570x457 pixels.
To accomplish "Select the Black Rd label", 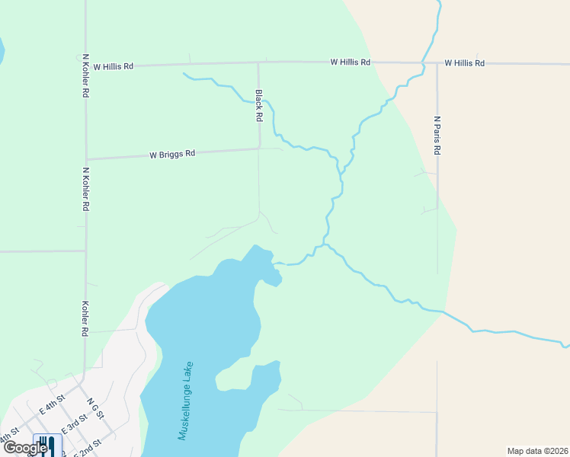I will point(259,107).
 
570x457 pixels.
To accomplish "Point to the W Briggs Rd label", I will point(172,154).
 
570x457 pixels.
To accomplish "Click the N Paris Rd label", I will point(437,136).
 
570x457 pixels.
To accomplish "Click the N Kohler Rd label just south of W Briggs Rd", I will point(86,189).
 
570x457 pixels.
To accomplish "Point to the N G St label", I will point(94,409).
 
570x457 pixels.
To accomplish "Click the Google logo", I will point(25,448).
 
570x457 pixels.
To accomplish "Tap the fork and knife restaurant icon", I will point(46,444).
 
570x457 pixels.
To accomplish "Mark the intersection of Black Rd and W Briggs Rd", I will point(259,149).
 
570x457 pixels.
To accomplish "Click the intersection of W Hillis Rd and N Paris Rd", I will point(437,62).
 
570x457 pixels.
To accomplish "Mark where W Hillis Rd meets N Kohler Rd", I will point(86,66).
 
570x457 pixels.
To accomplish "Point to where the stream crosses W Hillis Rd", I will point(423,62).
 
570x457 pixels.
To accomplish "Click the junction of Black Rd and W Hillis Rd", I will point(258,62).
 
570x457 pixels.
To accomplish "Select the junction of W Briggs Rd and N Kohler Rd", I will point(86,159).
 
